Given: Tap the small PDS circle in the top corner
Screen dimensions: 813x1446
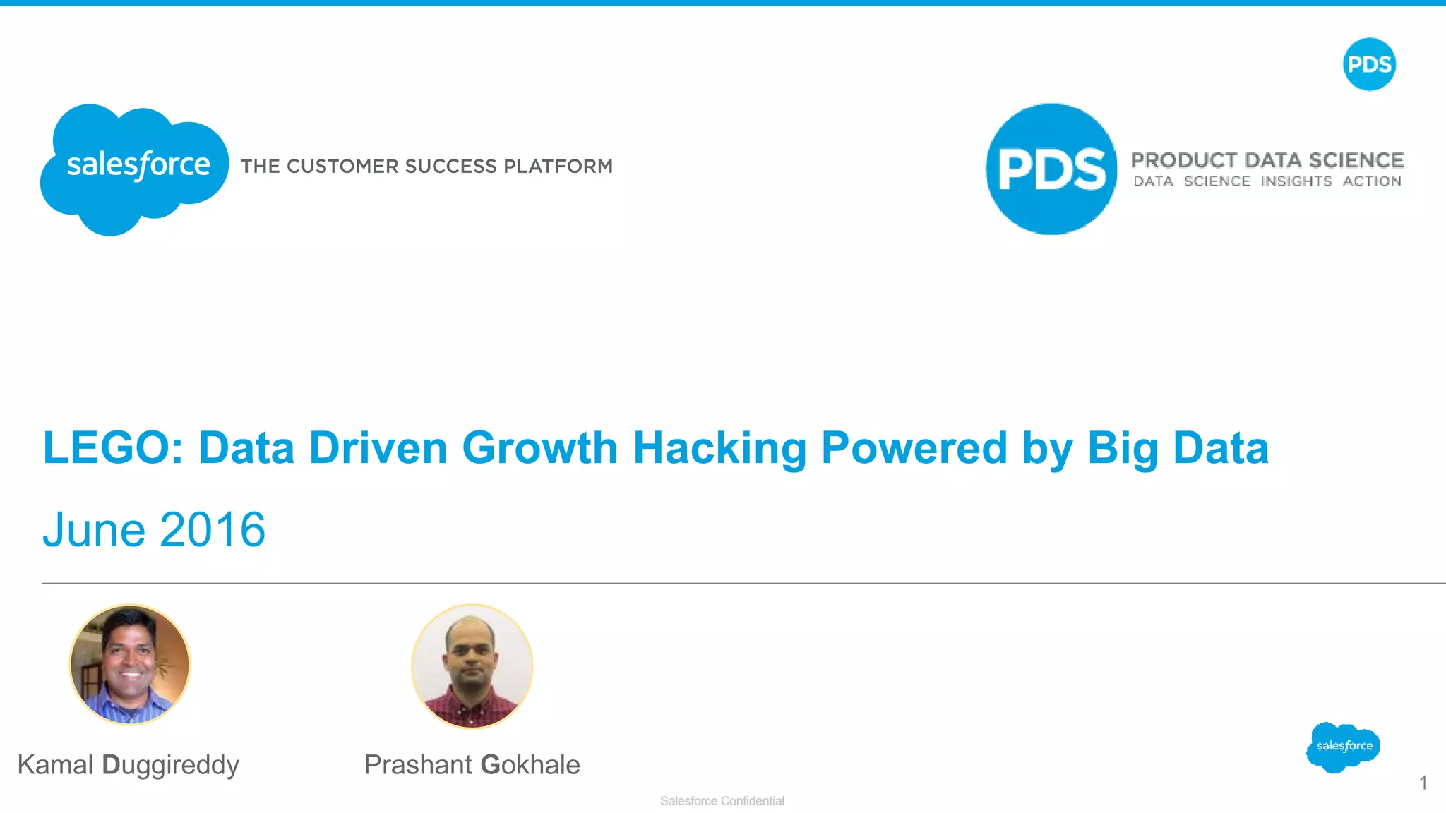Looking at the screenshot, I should pyautogui.click(x=1369, y=64).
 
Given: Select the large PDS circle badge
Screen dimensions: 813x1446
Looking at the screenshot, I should pyautogui.click(x=1051, y=169).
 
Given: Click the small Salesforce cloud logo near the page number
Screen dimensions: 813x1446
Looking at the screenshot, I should pyautogui.click(x=1343, y=747).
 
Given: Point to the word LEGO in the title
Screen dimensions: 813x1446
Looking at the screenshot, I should pyautogui.click(x=113, y=448).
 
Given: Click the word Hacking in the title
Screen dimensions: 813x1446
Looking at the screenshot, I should pyautogui.click(x=719, y=448).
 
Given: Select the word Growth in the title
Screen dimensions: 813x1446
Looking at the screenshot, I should pyautogui.click(x=540, y=448).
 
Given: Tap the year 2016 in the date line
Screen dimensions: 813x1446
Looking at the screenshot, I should pyautogui.click(x=213, y=530).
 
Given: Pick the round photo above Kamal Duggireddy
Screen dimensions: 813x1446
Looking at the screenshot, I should pyautogui.click(x=130, y=664).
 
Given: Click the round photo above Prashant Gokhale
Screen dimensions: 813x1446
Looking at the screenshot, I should pyautogui.click(x=472, y=666).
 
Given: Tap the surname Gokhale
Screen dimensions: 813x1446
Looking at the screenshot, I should pyautogui.click(x=530, y=765).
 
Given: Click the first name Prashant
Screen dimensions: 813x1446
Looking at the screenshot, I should pyautogui.click(x=417, y=765).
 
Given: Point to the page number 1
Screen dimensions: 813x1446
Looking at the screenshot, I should pyautogui.click(x=1423, y=783).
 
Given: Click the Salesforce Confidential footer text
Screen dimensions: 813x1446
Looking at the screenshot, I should pyautogui.click(x=722, y=801).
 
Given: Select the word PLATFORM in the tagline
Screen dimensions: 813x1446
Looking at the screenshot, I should pyautogui.click(x=558, y=167).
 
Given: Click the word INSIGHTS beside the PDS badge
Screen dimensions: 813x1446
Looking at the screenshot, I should pyautogui.click(x=1296, y=181).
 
